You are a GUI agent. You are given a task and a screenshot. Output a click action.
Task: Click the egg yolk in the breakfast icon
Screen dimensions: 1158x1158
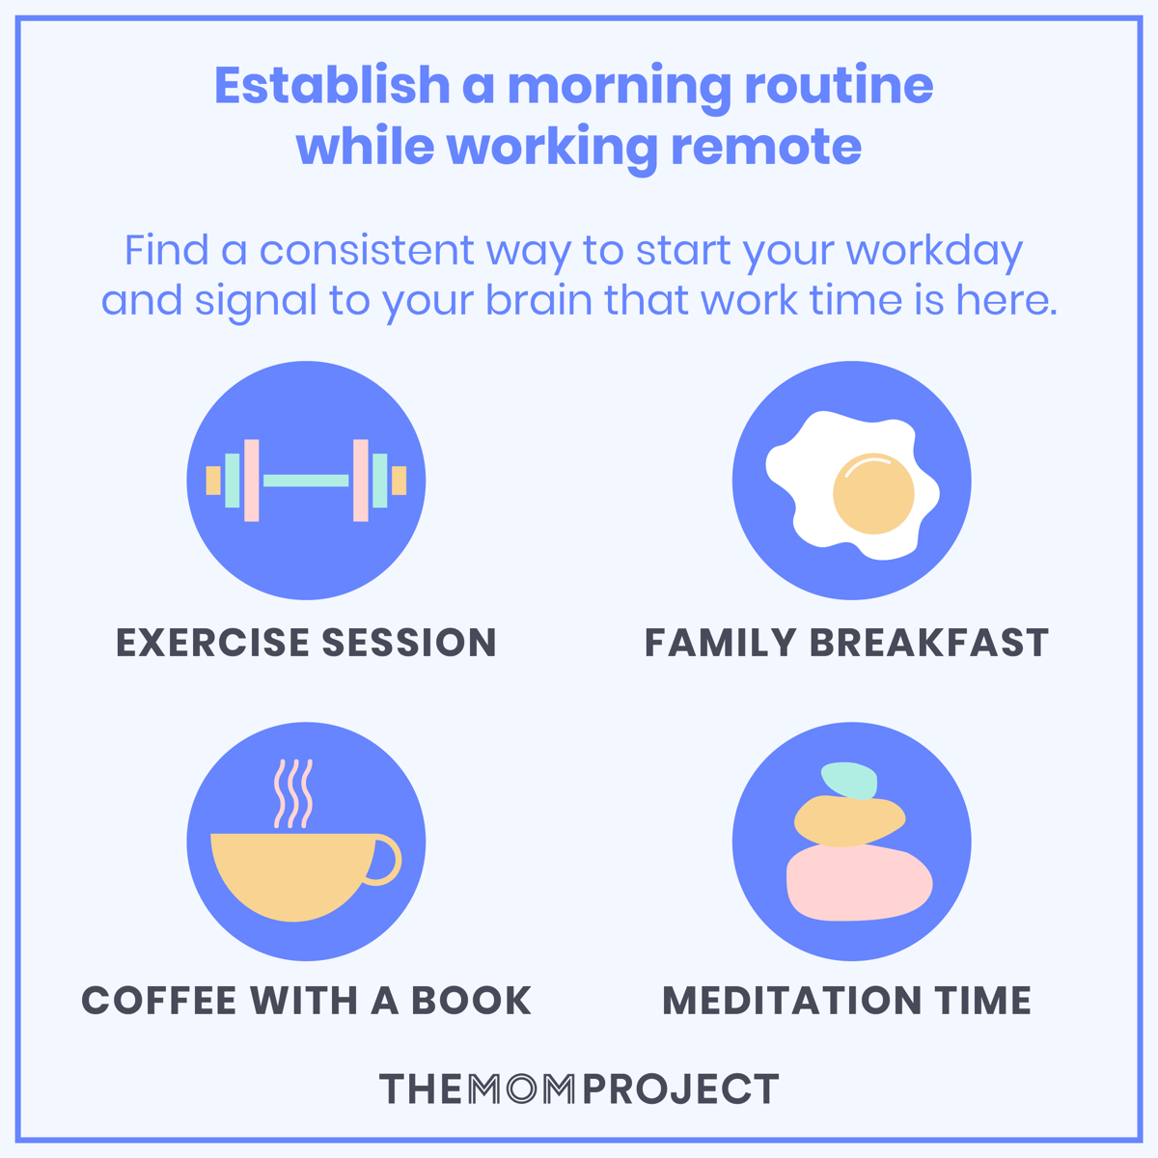click(x=873, y=494)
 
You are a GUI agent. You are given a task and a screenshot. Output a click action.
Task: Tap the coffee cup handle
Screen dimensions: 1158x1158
click(x=385, y=860)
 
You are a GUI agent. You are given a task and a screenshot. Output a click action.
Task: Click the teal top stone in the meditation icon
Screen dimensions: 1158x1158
click(x=849, y=780)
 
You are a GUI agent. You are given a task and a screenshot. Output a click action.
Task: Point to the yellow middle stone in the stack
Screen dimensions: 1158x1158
click(x=847, y=821)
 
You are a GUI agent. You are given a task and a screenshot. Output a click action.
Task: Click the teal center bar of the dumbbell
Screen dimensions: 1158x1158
click(x=306, y=481)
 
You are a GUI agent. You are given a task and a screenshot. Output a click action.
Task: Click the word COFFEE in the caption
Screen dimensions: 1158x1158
click(x=160, y=1001)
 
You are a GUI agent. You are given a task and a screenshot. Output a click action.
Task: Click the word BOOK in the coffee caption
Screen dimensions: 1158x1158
click(x=472, y=1001)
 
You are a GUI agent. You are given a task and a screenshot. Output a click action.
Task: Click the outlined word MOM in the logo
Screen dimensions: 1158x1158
click(x=522, y=1089)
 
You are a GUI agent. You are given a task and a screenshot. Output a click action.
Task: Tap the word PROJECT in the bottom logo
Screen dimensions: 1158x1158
click(x=681, y=1089)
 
